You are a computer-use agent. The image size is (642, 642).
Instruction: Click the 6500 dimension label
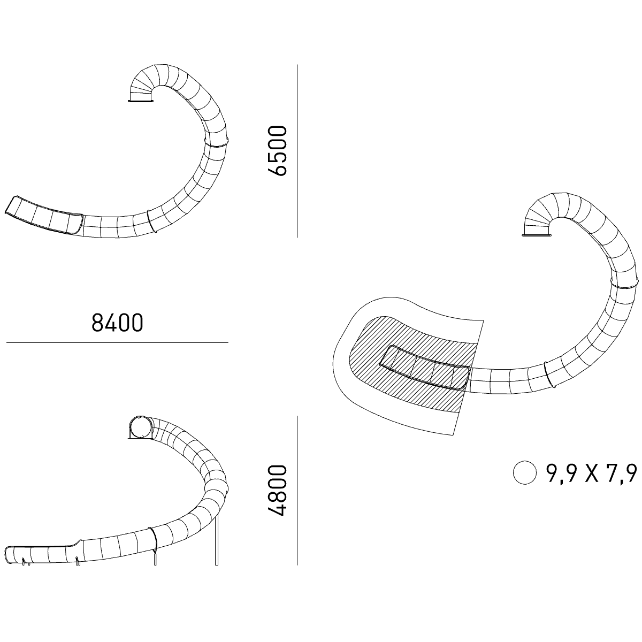point(277,150)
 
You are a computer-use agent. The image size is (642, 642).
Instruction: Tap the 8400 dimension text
point(117,323)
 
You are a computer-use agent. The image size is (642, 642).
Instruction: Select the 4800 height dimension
point(277,491)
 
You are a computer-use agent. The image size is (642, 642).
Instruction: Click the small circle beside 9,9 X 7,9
point(525,472)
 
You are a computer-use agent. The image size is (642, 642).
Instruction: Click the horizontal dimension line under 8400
point(117,342)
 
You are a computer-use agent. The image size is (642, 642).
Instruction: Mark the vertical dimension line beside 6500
point(297,151)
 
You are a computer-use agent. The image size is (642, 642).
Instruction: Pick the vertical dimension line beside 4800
point(297,491)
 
